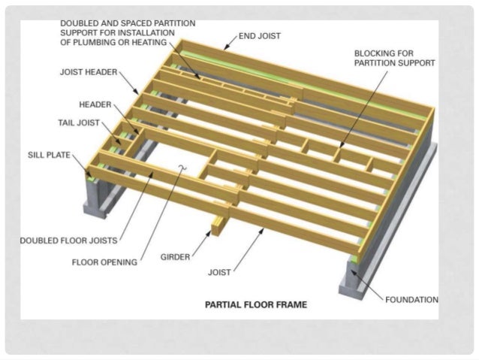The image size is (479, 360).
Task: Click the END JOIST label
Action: [260, 35]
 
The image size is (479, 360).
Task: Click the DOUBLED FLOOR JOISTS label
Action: [67, 241]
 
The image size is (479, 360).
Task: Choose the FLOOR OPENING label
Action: [104, 262]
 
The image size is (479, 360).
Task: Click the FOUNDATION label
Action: [411, 299]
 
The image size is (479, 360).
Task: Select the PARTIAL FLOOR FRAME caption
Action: [256, 305]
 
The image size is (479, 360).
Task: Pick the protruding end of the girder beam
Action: [218, 225]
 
